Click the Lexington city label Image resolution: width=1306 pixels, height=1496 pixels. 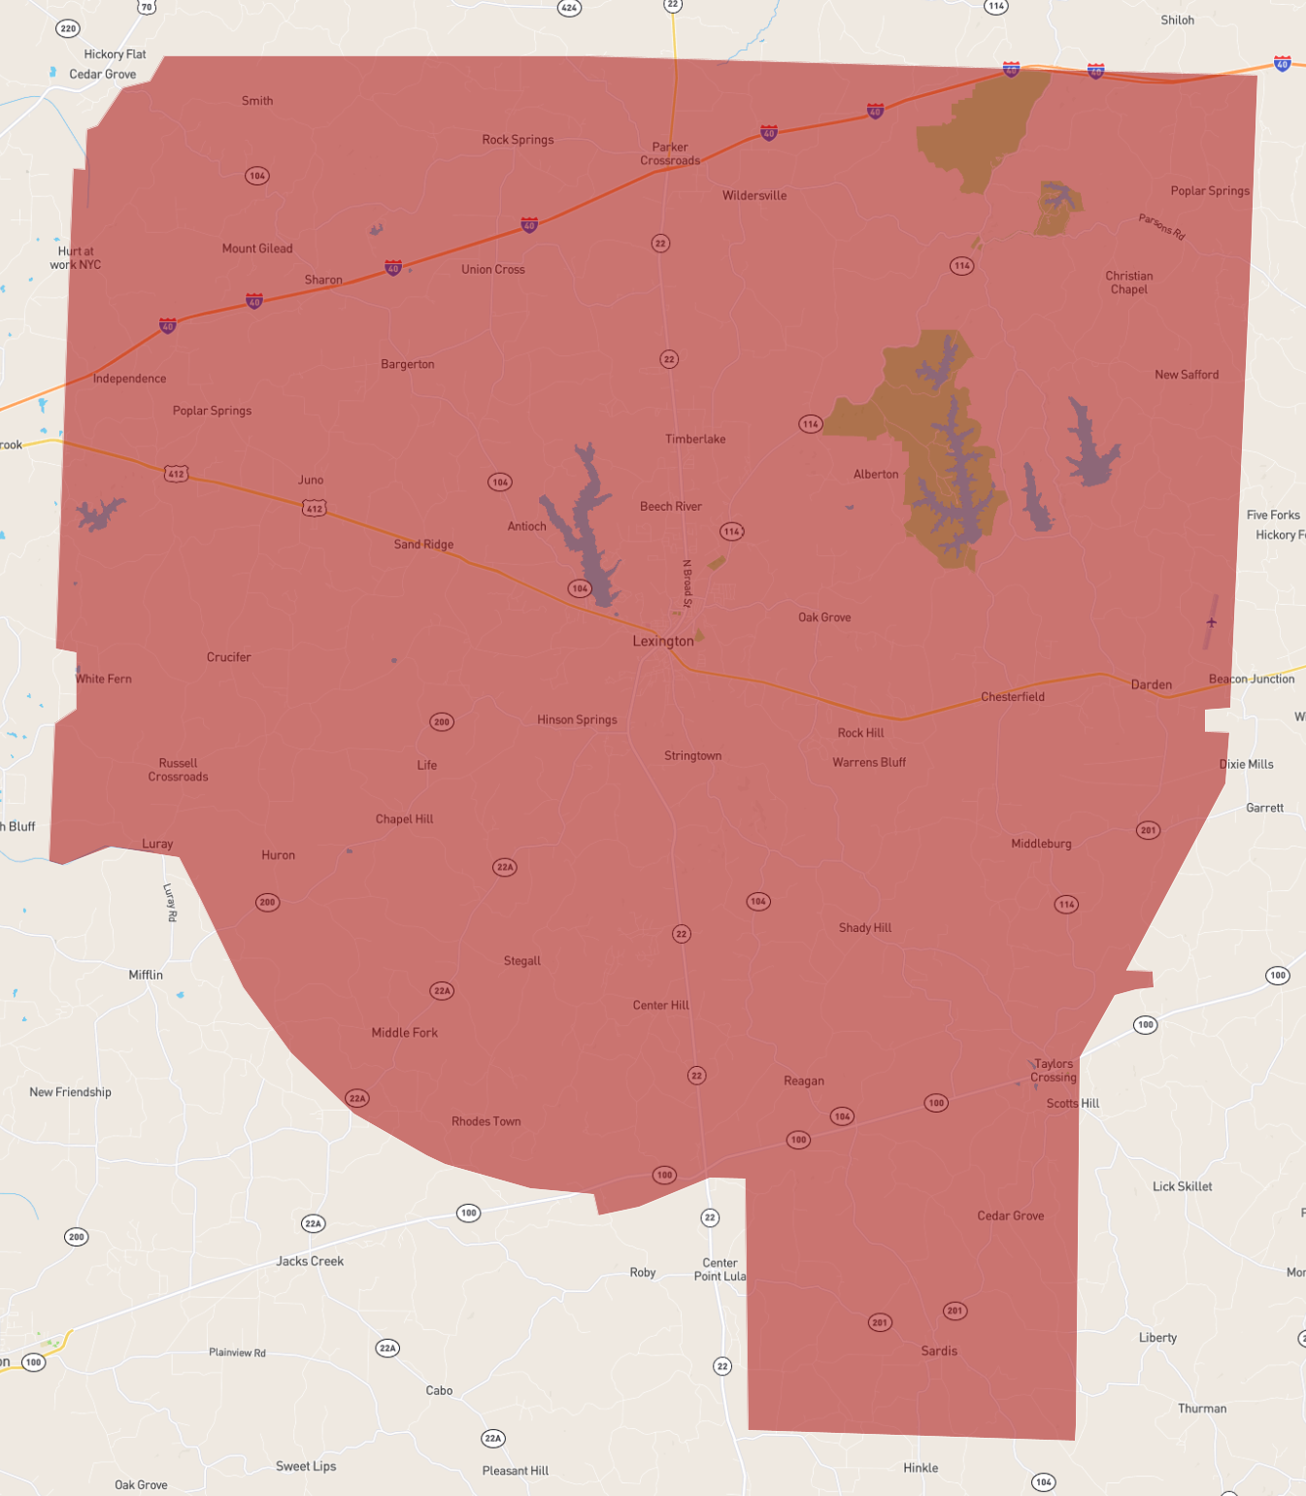pos(663,641)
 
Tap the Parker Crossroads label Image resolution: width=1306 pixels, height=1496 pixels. pos(670,154)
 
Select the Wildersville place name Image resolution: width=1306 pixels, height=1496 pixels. pos(754,195)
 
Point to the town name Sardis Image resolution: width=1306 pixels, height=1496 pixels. pos(939,1350)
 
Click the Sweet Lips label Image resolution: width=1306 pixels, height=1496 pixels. pos(306,1466)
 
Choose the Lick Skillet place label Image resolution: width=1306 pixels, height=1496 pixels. pos(1182,1186)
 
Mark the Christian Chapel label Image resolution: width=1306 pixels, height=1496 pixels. pos(1129,283)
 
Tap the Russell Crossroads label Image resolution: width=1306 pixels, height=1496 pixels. pos(178,770)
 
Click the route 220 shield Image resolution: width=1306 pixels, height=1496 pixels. pos(68,28)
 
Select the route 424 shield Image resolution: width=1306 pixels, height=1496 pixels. pos(569,8)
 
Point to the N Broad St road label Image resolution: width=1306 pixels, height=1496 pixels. pos(687,583)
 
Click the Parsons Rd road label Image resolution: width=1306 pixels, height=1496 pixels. pos(1162,226)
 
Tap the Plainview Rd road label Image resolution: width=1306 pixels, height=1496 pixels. pos(237,1352)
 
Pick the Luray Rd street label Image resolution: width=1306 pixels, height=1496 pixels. pos(170,902)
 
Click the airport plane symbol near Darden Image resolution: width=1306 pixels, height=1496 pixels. pos(1211,622)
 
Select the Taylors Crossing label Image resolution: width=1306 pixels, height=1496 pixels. pos(1054,1070)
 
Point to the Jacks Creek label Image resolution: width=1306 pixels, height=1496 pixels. pos(310,1261)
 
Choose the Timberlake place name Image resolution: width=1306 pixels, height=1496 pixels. pos(695,439)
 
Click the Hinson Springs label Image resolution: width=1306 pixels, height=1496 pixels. pos(577,719)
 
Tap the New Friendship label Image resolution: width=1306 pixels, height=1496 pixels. pos(70,1092)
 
